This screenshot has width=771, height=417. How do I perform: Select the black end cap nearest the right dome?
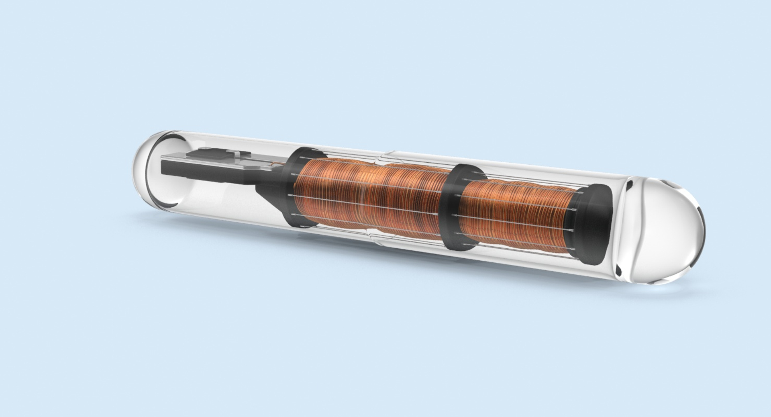[594, 225]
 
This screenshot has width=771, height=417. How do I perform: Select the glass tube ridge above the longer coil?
[385, 155]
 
